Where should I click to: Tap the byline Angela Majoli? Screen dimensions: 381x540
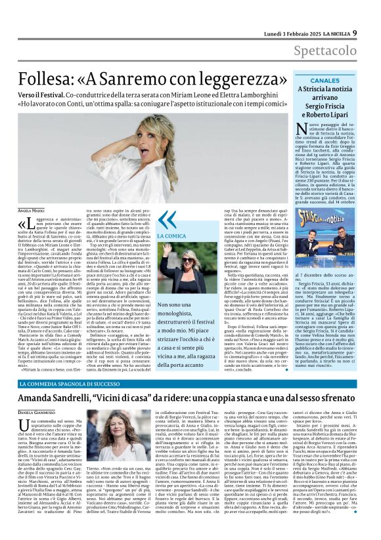(x=30, y=209)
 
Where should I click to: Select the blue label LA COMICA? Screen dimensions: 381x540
(x=169, y=236)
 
